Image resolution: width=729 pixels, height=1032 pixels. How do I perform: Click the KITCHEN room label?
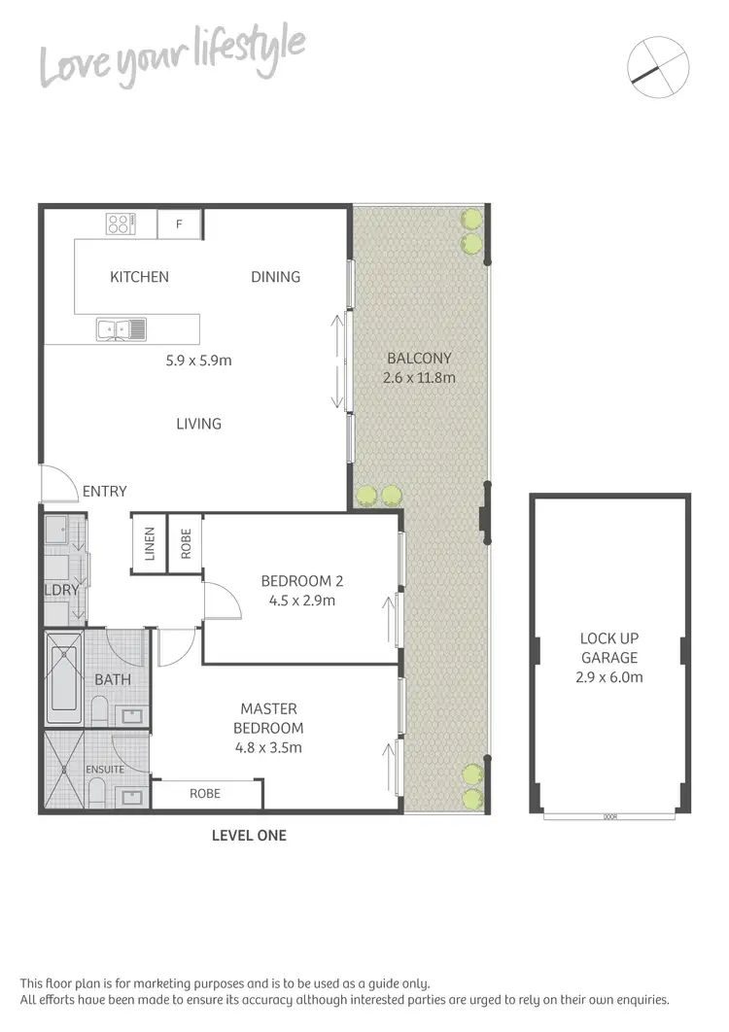[139, 277]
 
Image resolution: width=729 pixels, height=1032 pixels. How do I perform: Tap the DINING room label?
[275, 277]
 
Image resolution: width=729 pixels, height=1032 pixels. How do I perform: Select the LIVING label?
[198, 424]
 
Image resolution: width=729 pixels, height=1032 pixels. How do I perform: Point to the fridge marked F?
[179, 224]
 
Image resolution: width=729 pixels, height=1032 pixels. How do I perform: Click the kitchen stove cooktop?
[120, 224]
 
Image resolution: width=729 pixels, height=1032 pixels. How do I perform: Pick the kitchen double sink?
[121, 329]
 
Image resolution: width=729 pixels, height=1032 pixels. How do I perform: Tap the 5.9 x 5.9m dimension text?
[198, 361]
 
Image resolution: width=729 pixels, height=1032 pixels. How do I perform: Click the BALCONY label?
[419, 358]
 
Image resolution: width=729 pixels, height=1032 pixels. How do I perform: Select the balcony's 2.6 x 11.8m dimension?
[420, 377]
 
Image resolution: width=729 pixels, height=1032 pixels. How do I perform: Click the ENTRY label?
[104, 492]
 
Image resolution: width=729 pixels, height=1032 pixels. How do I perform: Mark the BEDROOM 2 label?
[302, 581]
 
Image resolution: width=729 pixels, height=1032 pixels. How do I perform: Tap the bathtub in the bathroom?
[64, 677]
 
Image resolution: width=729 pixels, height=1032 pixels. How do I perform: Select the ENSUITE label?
[105, 770]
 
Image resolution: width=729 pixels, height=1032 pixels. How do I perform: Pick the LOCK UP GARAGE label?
[609, 648]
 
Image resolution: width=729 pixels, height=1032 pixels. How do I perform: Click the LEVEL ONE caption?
[250, 835]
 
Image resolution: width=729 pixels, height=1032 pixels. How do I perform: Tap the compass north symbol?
[658, 66]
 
